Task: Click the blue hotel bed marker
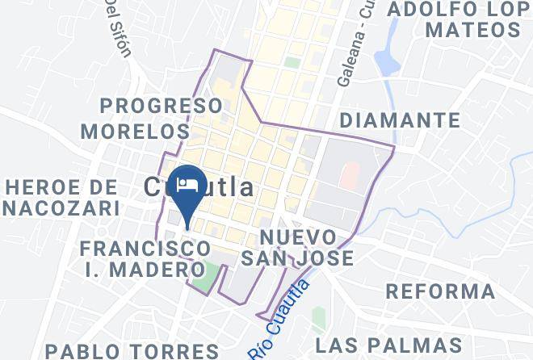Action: pyautogui.click(x=188, y=183)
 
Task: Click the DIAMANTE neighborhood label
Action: pyautogui.click(x=401, y=121)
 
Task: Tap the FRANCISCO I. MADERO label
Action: pyautogui.click(x=147, y=258)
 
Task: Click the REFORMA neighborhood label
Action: pyautogui.click(x=440, y=291)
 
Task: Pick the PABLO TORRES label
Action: pyautogui.click(x=132, y=350)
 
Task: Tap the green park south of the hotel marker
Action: pyautogui.click(x=208, y=274)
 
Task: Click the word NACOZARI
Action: pyautogui.click(x=63, y=209)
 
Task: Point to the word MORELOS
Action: pyautogui.click(x=134, y=130)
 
